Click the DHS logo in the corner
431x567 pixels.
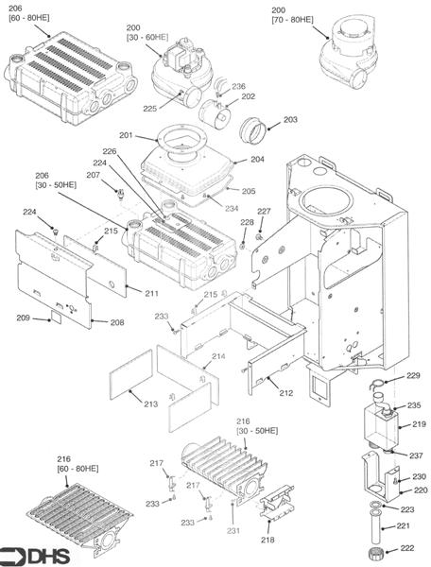click(28, 554)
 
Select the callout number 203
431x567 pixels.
click(290, 120)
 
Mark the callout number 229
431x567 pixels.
click(412, 376)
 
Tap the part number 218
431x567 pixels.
click(267, 540)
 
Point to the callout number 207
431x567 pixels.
click(93, 175)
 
